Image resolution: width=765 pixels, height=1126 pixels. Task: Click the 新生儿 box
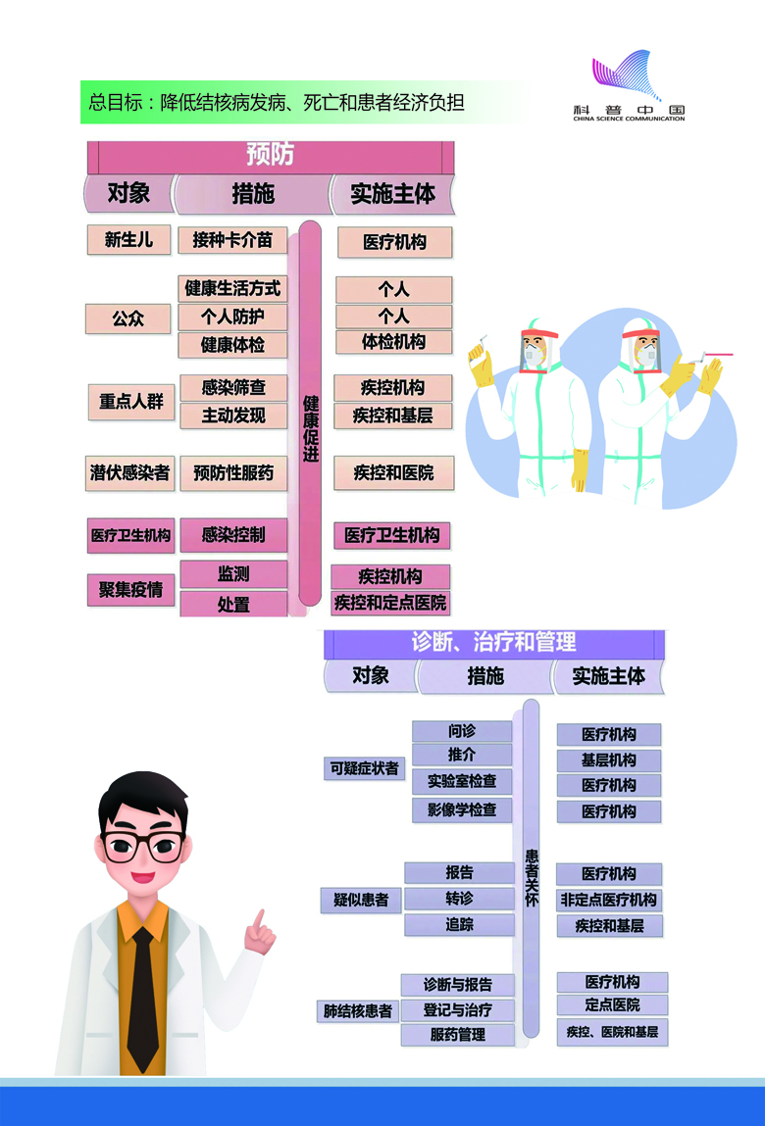pyautogui.click(x=128, y=239)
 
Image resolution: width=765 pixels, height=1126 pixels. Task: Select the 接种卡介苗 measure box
pyautogui.click(x=232, y=239)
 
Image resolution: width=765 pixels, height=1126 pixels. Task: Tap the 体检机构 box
pyautogui.click(x=393, y=342)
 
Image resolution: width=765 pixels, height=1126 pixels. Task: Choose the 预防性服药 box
pyautogui.click(x=233, y=473)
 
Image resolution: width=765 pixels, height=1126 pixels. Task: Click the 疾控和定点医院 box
pyautogui.click(x=389, y=602)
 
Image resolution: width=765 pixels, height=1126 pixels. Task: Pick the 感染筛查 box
pyautogui.click(x=233, y=387)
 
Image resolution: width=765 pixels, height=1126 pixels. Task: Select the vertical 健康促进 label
pyautogui.click(x=310, y=428)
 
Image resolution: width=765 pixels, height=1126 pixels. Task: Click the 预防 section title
pyautogui.click(x=270, y=156)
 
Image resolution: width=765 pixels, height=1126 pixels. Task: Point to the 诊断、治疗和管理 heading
pyautogui.click(x=493, y=643)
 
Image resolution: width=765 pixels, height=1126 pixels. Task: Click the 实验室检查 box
pyautogui.click(x=462, y=782)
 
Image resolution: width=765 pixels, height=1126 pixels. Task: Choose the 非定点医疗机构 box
pyautogui.click(x=609, y=900)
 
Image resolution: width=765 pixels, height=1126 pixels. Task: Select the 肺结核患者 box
pyautogui.click(x=358, y=1010)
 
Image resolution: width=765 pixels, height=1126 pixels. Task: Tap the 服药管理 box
pyautogui.click(x=457, y=1034)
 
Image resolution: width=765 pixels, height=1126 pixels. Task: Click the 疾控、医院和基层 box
pyautogui.click(x=612, y=1031)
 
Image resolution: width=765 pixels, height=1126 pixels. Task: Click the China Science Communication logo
pyautogui.click(x=629, y=88)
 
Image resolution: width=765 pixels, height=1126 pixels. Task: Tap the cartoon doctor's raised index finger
pyautogui.click(x=259, y=921)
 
